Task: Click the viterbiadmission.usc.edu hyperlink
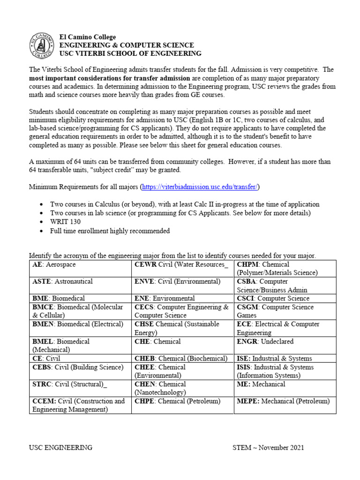tap(199, 187)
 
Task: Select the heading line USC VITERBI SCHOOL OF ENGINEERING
tap(130, 53)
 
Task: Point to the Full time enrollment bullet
tap(110, 231)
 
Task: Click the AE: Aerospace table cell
tap(54, 265)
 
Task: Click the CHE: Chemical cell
tap(157, 342)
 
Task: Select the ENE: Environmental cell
tap(165, 299)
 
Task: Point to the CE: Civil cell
tap(46, 359)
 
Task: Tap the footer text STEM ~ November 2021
tap(268, 447)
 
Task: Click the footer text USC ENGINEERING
tap(60, 447)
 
